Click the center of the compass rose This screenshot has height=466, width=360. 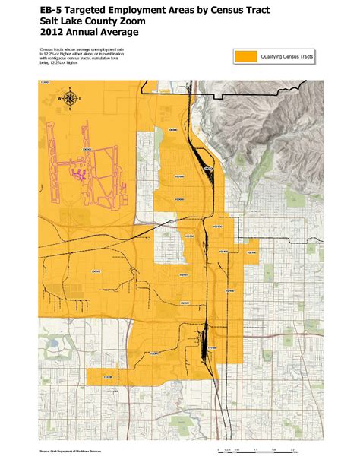coord(70,97)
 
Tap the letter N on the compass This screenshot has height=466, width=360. coord(70,88)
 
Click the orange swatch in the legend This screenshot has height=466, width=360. coord(247,56)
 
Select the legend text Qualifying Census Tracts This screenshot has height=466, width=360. coord(288,56)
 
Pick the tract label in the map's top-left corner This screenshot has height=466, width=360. coord(44,81)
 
